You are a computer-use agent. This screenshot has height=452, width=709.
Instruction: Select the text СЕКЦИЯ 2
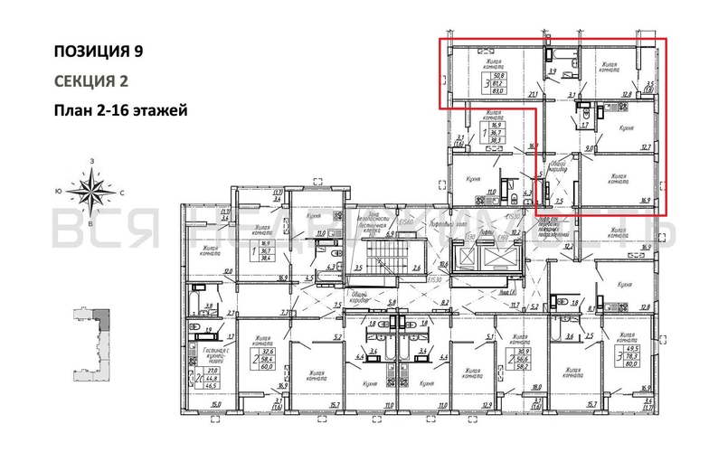click(x=90, y=81)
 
